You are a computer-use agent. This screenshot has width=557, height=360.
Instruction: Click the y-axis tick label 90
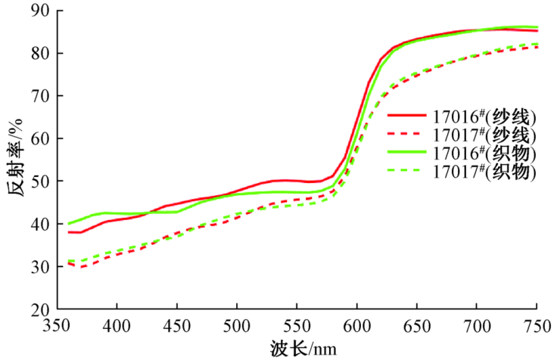(39, 11)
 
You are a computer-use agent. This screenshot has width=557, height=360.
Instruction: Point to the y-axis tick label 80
(39, 54)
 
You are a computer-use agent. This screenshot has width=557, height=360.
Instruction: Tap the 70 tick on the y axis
(39, 96)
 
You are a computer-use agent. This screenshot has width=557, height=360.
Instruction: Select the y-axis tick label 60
(39, 139)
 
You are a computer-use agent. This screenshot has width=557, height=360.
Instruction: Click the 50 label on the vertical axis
(39, 182)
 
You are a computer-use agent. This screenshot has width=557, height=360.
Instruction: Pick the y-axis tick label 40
(39, 225)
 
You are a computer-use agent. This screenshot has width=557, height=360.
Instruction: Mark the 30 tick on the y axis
(39, 267)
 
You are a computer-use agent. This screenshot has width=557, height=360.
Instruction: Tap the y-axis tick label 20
(39, 309)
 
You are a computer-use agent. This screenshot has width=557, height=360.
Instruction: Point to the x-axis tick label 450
(176, 325)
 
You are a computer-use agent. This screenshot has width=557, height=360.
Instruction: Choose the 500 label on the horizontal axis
(237, 325)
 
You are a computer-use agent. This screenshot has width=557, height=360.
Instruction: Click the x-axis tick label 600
(356, 325)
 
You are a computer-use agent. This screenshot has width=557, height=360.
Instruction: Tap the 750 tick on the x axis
(536, 325)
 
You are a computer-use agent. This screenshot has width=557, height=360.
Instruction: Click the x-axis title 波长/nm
(300, 348)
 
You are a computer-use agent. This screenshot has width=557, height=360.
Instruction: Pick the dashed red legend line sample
(406, 135)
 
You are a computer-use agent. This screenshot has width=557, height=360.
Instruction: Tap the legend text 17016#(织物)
(484, 154)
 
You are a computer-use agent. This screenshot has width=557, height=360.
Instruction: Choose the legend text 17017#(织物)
(484, 172)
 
